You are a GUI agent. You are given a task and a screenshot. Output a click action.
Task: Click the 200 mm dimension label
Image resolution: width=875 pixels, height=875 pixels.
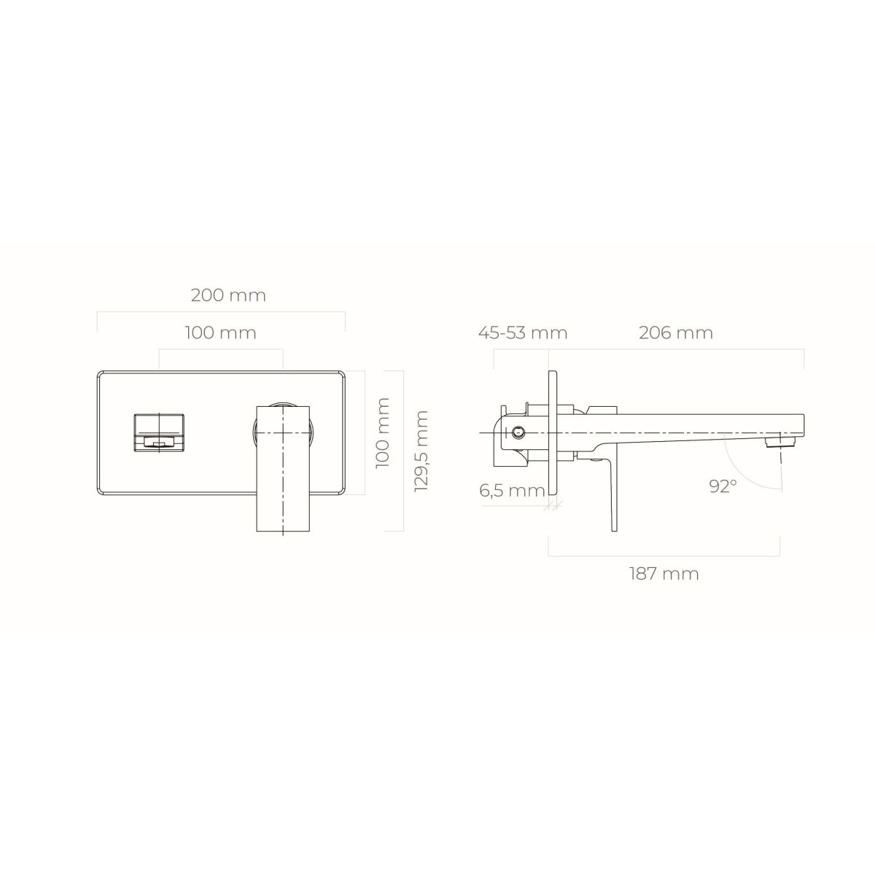[228, 295]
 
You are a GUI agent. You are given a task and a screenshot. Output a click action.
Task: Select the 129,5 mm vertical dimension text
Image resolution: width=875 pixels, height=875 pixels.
[422, 451]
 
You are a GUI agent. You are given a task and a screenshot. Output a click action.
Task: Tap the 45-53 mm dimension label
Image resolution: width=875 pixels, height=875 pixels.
[523, 332]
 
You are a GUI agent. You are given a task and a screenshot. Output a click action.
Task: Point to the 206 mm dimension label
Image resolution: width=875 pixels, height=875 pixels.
[676, 332]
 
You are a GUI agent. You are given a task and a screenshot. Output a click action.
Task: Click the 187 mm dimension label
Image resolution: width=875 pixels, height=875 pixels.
[664, 574]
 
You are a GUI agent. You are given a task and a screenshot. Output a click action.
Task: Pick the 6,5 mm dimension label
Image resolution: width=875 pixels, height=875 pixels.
[512, 491]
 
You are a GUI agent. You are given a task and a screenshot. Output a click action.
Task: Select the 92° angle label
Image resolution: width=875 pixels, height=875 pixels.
[723, 486]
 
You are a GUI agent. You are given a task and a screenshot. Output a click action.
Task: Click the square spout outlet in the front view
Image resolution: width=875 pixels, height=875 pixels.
[159, 432]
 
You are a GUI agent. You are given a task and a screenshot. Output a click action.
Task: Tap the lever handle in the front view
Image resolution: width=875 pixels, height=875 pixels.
[283, 468]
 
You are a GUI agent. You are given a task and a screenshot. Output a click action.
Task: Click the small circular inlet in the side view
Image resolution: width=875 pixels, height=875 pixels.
[518, 432]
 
